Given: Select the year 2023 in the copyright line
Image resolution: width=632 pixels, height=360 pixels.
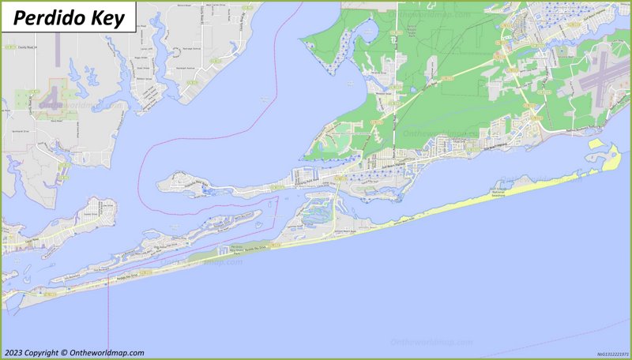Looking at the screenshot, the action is point(13,353).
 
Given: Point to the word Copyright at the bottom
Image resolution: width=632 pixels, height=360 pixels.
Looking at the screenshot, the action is point(42,353).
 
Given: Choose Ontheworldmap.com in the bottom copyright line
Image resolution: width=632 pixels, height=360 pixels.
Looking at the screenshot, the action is point(107,353).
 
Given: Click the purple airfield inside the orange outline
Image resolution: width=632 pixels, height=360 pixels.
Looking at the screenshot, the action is point(53,101).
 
